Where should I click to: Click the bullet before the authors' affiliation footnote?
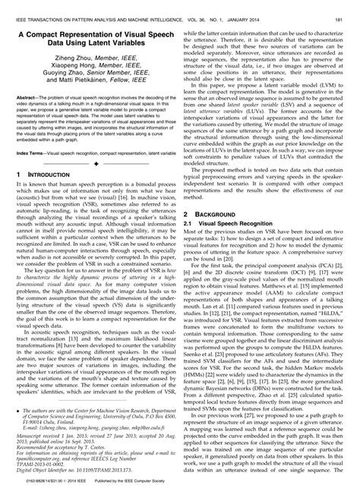tap(18, 408)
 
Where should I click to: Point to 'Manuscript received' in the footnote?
tap(39, 433)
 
